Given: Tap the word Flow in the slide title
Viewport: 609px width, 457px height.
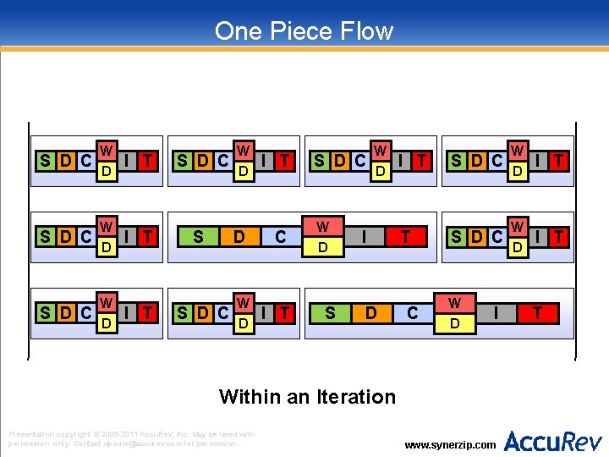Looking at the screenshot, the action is (x=365, y=31).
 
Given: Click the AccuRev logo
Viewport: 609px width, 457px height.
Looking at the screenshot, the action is (x=553, y=441).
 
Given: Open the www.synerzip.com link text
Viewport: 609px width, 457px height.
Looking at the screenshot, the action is (x=451, y=444).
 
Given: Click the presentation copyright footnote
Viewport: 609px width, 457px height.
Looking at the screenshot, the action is (x=131, y=438).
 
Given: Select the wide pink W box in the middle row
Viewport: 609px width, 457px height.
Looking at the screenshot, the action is (x=323, y=227).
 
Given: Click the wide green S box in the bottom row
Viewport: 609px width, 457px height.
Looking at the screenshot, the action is (x=330, y=313).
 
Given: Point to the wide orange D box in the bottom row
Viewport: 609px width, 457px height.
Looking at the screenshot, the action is (x=370, y=313).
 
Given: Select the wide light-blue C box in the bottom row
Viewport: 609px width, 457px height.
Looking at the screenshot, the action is (x=412, y=313).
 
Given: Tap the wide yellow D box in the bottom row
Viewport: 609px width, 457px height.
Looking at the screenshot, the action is (x=454, y=323).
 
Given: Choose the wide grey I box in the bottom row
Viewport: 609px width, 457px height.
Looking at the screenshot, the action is (x=495, y=313).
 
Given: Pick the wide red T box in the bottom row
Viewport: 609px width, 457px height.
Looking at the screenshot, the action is (x=536, y=313).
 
